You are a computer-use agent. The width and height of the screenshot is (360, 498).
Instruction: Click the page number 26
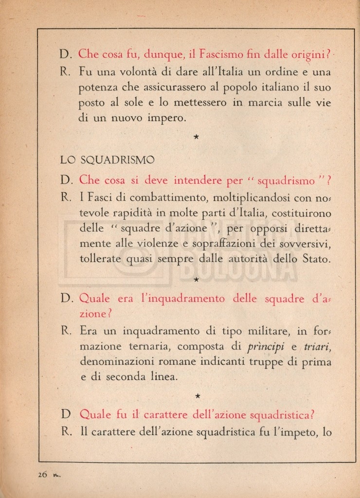[x=42, y=475]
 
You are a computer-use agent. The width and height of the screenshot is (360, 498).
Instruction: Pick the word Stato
[x=317, y=259]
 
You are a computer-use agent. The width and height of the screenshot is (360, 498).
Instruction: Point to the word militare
[x=263, y=332]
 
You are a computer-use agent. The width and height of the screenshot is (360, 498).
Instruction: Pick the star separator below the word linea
[x=197, y=396]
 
